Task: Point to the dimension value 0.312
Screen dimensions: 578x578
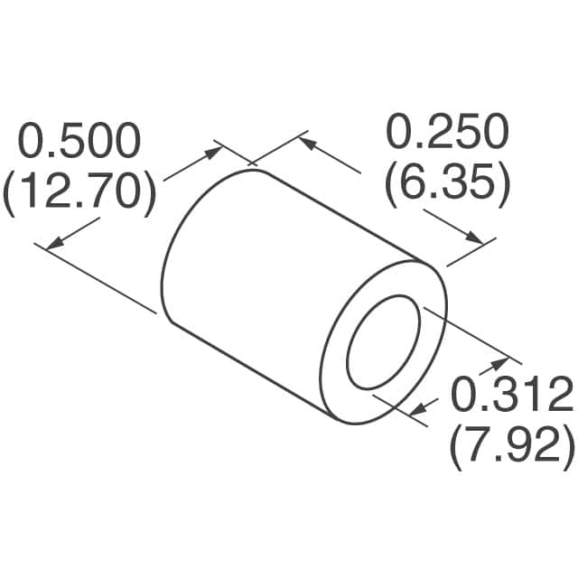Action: (512, 395)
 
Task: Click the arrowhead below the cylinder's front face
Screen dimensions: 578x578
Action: (416, 412)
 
